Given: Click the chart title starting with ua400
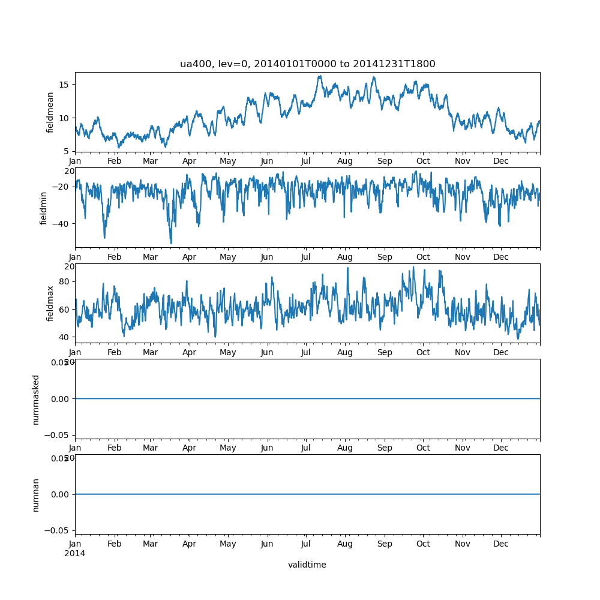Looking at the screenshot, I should (x=307, y=64).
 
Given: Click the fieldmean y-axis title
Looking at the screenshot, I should (x=50, y=112).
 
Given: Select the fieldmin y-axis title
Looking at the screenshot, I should (x=43, y=208).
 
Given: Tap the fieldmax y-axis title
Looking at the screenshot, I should (x=50, y=303).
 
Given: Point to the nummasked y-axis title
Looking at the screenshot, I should (x=36, y=399).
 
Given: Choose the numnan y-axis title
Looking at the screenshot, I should (x=36, y=494).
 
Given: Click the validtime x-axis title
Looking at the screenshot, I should (x=307, y=565).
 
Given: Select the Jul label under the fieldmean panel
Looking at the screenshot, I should (x=306, y=161).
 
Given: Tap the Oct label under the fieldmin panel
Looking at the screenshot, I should (x=423, y=257).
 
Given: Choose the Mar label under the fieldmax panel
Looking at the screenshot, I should (x=150, y=353).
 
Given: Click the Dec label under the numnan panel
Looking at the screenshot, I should (x=501, y=544).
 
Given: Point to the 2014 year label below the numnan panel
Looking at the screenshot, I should (x=74, y=553).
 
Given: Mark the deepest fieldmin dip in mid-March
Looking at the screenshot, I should (x=171, y=243).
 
